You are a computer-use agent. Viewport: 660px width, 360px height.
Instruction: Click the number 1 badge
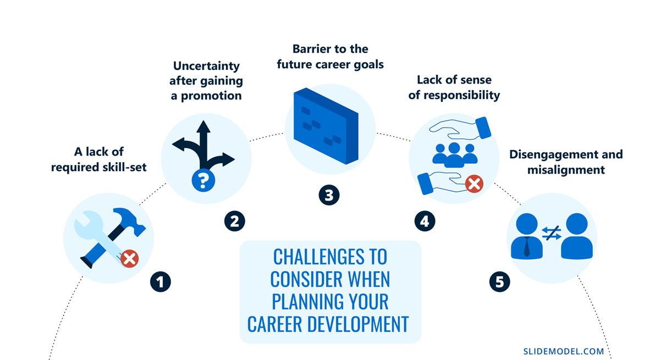click(160, 282)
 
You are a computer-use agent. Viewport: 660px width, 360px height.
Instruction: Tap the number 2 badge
click(234, 221)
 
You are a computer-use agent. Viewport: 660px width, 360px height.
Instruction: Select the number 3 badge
click(329, 195)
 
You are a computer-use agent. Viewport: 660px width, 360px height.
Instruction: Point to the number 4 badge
click(425, 221)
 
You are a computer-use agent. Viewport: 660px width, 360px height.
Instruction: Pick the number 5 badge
click(500, 282)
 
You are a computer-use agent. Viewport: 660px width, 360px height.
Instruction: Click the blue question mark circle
click(204, 180)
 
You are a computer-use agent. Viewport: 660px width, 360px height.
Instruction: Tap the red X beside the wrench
click(129, 259)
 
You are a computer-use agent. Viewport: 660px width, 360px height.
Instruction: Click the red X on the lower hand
click(474, 184)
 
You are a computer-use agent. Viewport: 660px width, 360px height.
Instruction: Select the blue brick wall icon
click(326, 126)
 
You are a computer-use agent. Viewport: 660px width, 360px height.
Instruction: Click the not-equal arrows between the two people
click(552, 233)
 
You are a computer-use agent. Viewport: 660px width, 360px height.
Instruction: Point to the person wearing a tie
click(527, 236)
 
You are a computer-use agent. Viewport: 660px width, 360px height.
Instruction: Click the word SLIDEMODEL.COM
click(564, 351)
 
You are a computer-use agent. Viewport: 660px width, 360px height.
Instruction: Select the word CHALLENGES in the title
click(315, 257)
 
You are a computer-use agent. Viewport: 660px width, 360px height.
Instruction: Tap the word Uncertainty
click(206, 67)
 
